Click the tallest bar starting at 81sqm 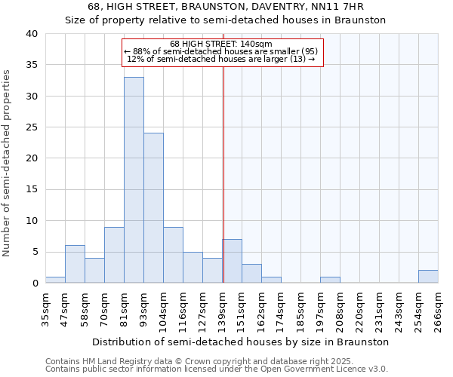click(134, 180)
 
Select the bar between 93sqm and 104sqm click(153, 208)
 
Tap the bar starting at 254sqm click(428, 277)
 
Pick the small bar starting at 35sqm click(55, 280)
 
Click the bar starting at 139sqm click(232, 261)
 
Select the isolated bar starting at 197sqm click(330, 280)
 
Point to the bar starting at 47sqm click(75, 264)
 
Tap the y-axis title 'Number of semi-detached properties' click(8, 162)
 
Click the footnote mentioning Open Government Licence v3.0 click(217, 369)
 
